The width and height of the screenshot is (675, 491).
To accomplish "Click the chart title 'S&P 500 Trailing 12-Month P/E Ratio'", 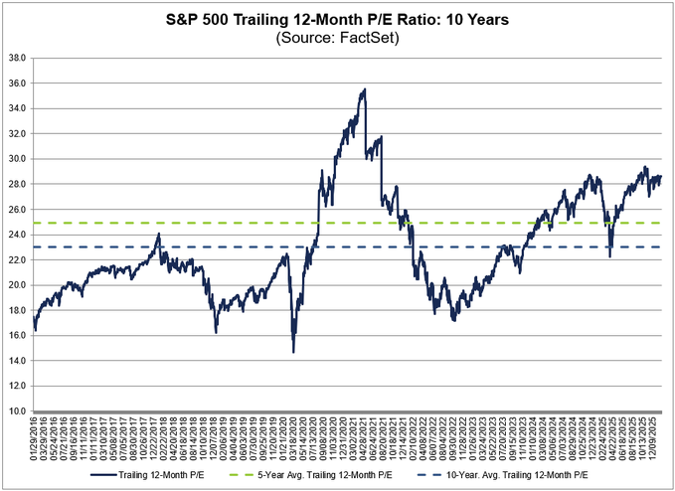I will click(x=338, y=20).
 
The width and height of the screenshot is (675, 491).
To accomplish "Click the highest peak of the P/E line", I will click(x=365, y=89).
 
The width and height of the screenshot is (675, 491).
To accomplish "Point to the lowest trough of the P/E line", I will click(x=293, y=352).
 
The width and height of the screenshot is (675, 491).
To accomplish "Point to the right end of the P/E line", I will click(x=661, y=176).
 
